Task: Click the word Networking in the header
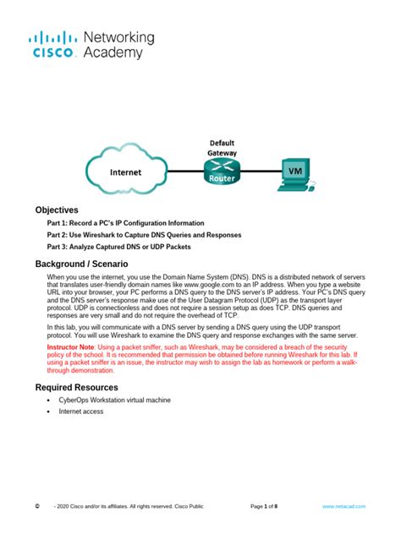(119, 38)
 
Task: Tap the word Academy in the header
(113, 53)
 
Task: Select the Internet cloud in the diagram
(125, 172)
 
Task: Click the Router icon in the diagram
(221, 172)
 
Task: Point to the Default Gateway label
(222, 148)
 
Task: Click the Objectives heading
(57, 210)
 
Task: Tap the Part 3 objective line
(119, 247)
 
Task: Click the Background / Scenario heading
(81, 264)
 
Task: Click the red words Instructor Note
(71, 347)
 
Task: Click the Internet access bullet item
(81, 411)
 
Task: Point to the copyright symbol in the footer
(37, 506)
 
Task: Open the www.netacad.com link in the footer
(343, 506)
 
